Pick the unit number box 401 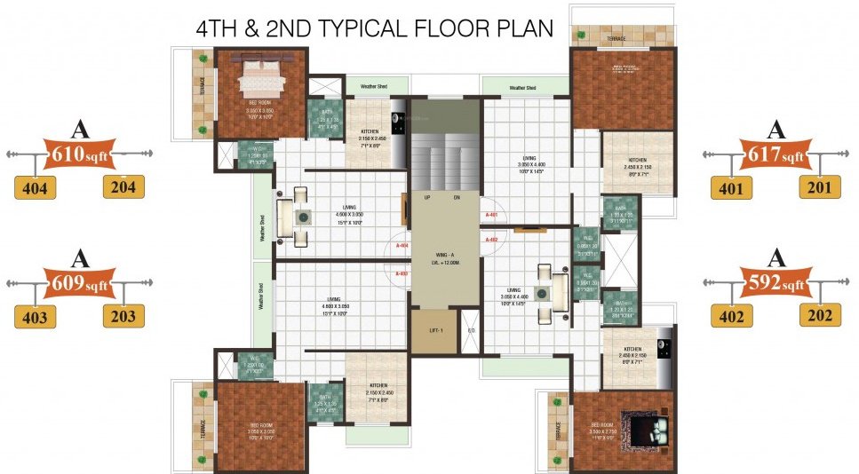(731, 188)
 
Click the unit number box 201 (820, 188)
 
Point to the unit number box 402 (731, 315)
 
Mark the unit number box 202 (820, 315)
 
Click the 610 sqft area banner (80, 154)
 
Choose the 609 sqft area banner (80, 283)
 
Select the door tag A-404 (402, 245)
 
